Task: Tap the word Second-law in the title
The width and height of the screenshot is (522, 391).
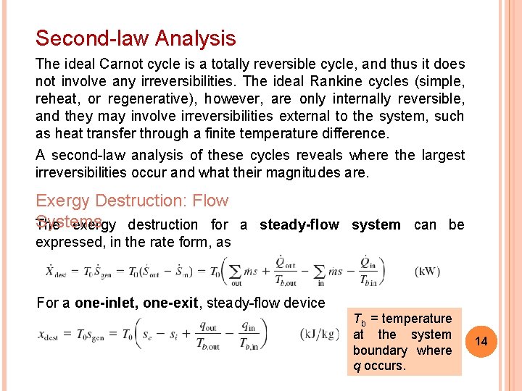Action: pyautogui.click(x=86, y=38)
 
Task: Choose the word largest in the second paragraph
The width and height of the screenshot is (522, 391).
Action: pyautogui.click(x=441, y=156)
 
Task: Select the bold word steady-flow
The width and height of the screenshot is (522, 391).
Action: pyautogui.click(x=299, y=224)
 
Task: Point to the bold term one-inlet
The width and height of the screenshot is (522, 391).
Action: pyautogui.click(x=107, y=303)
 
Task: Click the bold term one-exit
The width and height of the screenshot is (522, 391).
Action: pyautogui.click(x=170, y=303)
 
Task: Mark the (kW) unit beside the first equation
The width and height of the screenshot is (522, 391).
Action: pyautogui.click(x=428, y=272)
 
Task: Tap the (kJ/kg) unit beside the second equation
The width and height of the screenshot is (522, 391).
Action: pyautogui.click(x=319, y=334)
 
